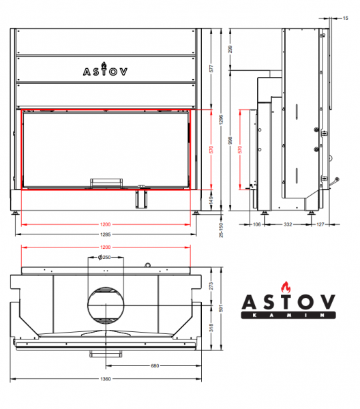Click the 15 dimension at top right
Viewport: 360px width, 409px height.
pyautogui.click(x=345, y=18)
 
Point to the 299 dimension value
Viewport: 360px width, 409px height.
pyautogui.click(x=230, y=49)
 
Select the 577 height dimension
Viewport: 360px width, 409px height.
pyautogui.click(x=211, y=69)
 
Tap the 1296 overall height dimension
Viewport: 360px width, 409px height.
pyautogui.click(x=221, y=119)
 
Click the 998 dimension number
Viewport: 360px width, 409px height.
pyautogui.click(x=230, y=140)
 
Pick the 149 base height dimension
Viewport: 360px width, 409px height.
pyautogui.click(x=211, y=200)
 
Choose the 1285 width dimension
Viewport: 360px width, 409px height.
pyautogui.click(x=106, y=234)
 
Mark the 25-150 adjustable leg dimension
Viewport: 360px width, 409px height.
pyautogui.click(x=221, y=230)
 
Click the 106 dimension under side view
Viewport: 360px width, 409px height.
pyautogui.click(x=256, y=224)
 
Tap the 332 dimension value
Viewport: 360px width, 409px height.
pyautogui.click(x=288, y=224)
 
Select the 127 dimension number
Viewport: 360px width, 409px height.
pyautogui.click(x=320, y=224)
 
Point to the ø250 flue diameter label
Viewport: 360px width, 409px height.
pyautogui.click(x=104, y=258)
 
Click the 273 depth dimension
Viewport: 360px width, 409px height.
pyautogui.click(x=211, y=286)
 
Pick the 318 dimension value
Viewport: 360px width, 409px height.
pyautogui.click(x=211, y=328)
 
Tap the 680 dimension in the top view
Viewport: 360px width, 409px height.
pyautogui.click(x=155, y=365)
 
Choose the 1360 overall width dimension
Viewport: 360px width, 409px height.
pyautogui.click(x=106, y=379)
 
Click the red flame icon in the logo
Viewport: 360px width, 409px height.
pyautogui.click(x=286, y=287)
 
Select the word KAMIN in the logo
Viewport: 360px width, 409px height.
pyautogui.click(x=288, y=316)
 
